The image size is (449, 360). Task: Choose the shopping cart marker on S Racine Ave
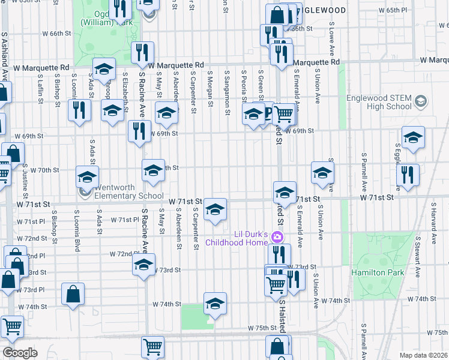pyautogui.click(x=153, y=346)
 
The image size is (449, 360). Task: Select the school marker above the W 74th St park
pyautogui.click(x=215, y=303)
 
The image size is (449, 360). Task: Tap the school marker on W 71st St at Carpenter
pyautogui.click(x=215, y=209)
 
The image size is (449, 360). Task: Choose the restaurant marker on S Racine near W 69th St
pyautogui.click(x=139, y=131)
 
